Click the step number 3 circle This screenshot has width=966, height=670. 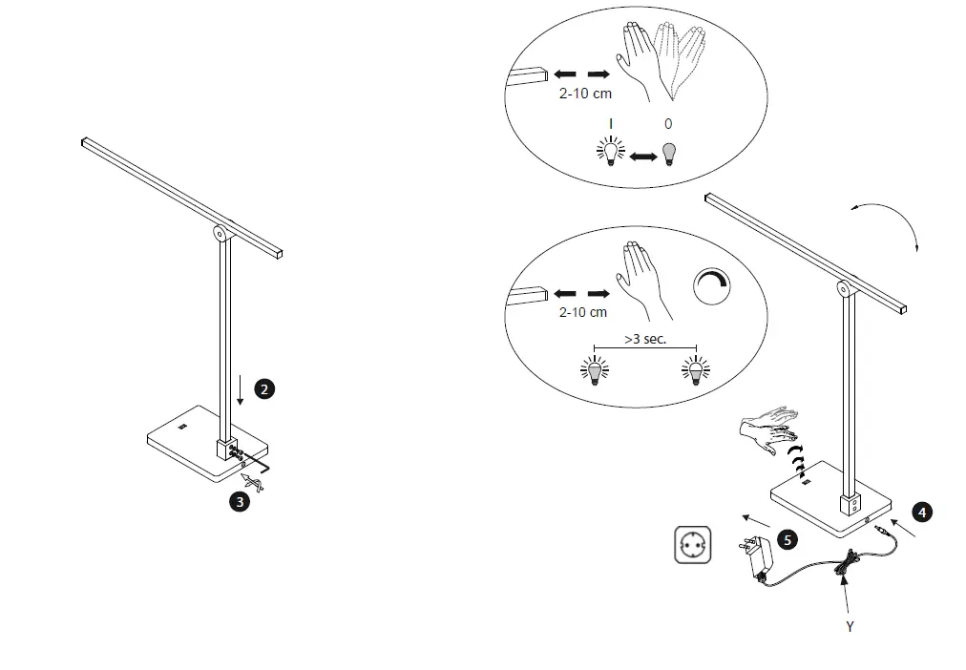point(241,500)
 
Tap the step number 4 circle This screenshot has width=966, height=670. point(921,512)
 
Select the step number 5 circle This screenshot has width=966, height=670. point(787,540)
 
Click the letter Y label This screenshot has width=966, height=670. point(850,627)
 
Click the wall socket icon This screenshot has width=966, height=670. point(693,545)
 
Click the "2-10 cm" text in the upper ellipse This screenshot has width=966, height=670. point(585,94)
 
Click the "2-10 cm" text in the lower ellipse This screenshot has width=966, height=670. point(582,312)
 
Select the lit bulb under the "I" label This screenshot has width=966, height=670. point(610,152)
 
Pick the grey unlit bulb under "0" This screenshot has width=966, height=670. point(668,152)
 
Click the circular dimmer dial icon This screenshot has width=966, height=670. point(712,285)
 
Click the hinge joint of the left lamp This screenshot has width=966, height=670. point(220,232)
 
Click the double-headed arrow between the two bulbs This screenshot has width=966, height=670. point(639,156)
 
